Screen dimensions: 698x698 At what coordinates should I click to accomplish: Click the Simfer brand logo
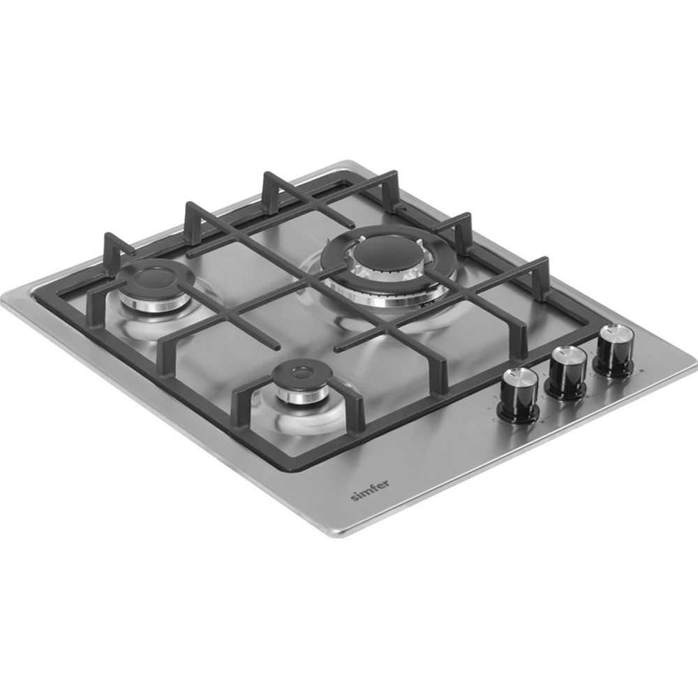point(369,490)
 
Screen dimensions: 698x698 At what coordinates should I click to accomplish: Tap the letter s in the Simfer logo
point(354,498)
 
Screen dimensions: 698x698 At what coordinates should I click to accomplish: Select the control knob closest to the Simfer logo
point(521,394)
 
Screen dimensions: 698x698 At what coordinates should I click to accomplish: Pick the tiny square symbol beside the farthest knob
point(640,371)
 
